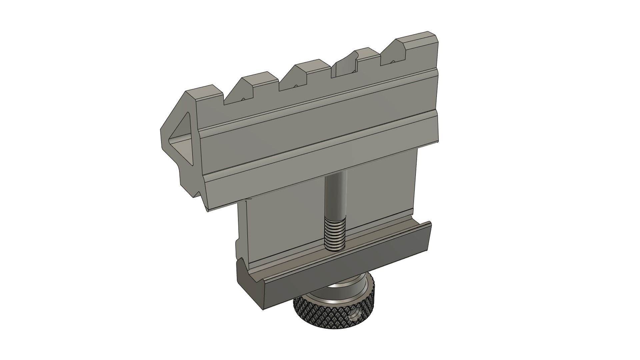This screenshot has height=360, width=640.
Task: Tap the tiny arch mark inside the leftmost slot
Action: [x=243, y=99]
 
